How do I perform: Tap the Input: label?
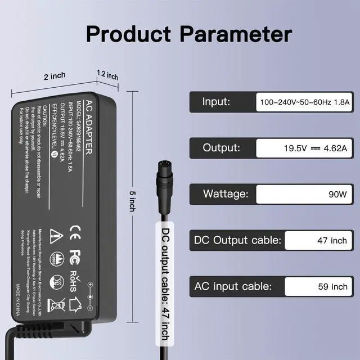tap(216, 102)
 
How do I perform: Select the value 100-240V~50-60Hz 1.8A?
tap(304, 103)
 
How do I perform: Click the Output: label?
tap(221, 148)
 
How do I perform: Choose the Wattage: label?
tap(225, 194)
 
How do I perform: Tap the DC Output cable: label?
tap(237, 240)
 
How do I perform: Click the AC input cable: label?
tap(233, 286)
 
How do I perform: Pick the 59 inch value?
tap(332, 287)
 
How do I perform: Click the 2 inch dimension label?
tap(55, 76)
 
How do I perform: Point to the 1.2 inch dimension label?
tap(107, 74)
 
